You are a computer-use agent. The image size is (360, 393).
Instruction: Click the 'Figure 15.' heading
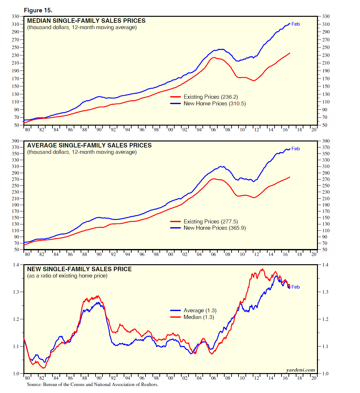pyautogui.click(x=38, y=10)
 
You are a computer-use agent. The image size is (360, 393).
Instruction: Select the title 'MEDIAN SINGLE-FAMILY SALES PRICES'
pyautogui.click(x=86, y=21)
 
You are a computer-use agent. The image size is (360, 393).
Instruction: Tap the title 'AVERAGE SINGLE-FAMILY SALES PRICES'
pyautogui.click(x=89, y=145)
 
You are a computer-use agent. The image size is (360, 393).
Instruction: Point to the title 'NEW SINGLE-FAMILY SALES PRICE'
pyautogui.click(x=79, y=269)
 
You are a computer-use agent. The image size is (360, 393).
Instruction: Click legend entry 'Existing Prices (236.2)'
pyautogui.click(x=210, y=97)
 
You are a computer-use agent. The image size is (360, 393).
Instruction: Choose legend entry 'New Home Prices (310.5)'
pyautogui.click(x=214, y=103)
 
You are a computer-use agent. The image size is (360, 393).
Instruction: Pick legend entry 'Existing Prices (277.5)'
pyautogui.click(x=210, y=221)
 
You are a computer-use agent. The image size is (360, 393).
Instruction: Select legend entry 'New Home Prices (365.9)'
pyautogui.click(x=214, y=228)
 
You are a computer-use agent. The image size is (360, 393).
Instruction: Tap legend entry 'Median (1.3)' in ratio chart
pyautogui.click(x=199, y=317)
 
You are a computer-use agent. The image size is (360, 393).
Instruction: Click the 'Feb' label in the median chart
pyautogui.click(x=295, y=24)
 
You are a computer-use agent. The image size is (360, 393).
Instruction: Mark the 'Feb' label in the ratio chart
pyautogui.click(x=295, y=287)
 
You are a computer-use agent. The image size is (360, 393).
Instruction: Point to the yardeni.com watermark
pyautogui.click(x=301, y=370)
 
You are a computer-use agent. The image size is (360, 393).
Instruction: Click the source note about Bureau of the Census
pyautogui.click(x=92, y=384)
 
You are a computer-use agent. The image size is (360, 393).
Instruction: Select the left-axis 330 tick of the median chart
pyautogui.click(x=16, y=16)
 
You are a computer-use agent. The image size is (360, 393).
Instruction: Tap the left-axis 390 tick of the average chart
pyautogui.click(x=16, y=141)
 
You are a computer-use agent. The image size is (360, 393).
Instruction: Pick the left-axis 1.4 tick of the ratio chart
pyautogui.click(x=16, y=265)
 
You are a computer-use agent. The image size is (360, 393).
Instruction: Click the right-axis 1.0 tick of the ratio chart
pyautogui.click(x=325, y=374)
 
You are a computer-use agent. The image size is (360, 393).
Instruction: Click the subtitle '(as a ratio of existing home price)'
pyautogui.click(x=67, y=276)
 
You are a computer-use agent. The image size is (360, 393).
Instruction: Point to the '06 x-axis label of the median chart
pyautogui.click(x=214, y=129)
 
